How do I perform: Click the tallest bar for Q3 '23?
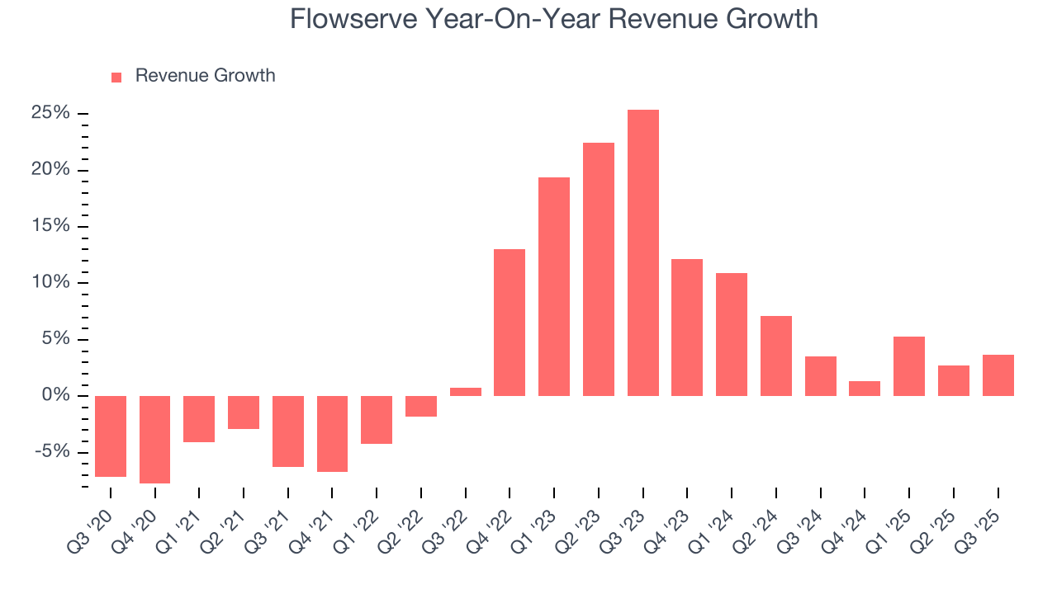(x=643, y=252)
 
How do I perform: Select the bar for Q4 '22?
(x=510, y=323)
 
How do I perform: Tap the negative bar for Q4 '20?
(x=154, y=439)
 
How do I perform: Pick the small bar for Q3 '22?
(x=466, y=392)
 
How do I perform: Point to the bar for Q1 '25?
(x=909, y=366)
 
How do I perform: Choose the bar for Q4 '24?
(x=865, y=389)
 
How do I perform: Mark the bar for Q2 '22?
(x=421, y=406)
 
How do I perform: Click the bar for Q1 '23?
(x=554, y=286)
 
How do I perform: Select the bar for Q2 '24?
(x=776, y=356)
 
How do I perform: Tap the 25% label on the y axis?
(x=50, y=113)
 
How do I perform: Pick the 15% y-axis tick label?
(x=50, y=226)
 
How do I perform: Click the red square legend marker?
(x=116, y=77)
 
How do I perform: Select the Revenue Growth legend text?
(x=205, y=76)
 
